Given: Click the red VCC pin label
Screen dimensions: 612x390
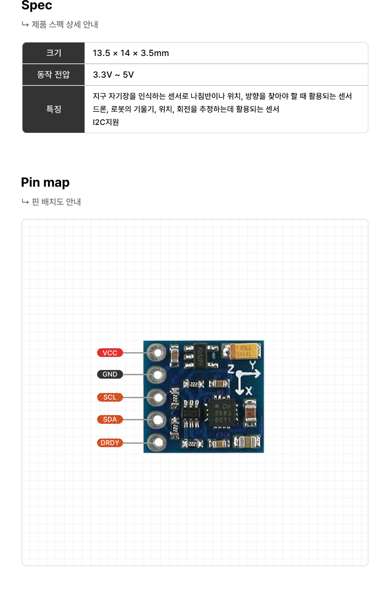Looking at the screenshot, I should click(110, 353).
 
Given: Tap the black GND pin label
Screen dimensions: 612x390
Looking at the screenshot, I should click(110, 374).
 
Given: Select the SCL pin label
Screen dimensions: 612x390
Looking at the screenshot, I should click(110, 397).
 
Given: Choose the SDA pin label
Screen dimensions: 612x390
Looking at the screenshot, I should click(110, 419).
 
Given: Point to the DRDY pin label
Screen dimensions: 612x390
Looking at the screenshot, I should click(110, 443).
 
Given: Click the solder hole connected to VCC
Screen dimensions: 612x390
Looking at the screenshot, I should click(158, 353).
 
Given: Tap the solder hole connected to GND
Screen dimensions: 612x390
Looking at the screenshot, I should click(158, 374).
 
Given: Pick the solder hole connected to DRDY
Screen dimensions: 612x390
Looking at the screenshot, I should click(158, 442).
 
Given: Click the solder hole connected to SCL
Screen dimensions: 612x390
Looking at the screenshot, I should click(158, 397).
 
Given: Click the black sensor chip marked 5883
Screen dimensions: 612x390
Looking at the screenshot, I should click(223, 413).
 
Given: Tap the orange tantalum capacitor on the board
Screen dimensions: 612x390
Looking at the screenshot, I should click(245, 351).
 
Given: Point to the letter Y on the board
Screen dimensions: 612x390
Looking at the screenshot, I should click(252, 365).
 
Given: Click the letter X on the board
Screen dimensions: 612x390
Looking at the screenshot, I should click(249, 391).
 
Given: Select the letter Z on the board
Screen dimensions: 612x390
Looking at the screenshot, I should click(231, 370).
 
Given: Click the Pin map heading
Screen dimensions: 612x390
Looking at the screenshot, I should click(45, 183).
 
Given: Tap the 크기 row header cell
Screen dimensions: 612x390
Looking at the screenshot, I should click(54, 53).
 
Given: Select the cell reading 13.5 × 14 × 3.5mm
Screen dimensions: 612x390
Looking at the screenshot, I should click(131, 53).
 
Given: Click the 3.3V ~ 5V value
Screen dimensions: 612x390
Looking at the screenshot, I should click(114, 75).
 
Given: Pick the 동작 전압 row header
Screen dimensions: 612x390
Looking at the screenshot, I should click(54, 75).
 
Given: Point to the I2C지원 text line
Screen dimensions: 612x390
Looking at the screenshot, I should click(106, 122).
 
